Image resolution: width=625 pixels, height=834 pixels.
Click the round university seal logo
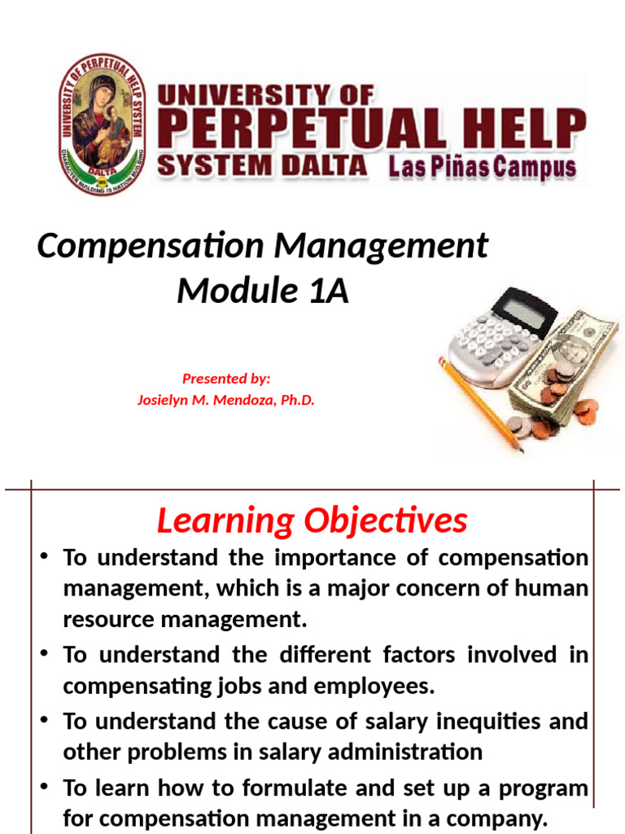[102, 125]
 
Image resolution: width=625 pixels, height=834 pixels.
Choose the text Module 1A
[263, 291]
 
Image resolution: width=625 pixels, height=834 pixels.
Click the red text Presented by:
[226, 378]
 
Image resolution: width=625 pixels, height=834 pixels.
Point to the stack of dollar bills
[570, 358]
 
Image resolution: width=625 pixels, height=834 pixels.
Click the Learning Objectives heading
[312, 521]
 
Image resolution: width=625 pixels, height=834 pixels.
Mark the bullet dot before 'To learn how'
[46, 788]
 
